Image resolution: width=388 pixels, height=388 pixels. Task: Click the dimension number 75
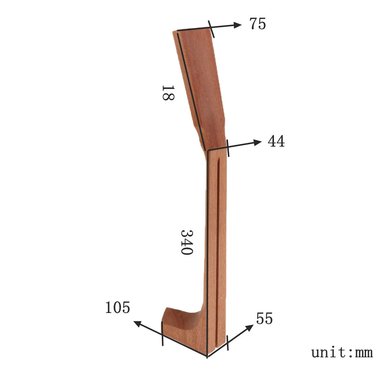(x=258, y=24)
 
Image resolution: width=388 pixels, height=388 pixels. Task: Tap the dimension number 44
(x=276, y=142)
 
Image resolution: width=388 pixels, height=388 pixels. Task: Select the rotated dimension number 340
(x=187, y=242)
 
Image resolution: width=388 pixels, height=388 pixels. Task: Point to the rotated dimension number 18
(x=167, y=93)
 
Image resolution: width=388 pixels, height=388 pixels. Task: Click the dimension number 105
(x=117, y=308)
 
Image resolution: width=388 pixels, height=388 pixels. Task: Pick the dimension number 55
(x=264, y=319)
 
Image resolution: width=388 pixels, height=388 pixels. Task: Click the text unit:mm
(x=342, y=352)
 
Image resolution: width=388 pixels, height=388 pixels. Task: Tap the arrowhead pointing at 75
(x=238, y=25)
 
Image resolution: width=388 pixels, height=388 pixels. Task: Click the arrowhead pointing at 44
(x=258, y=142)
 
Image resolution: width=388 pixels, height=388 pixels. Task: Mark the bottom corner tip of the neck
(x=207, y=356)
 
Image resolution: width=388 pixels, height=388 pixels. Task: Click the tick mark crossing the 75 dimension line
(x=211, y=29)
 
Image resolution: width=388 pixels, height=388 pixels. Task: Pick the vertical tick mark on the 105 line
(x=162, y=333)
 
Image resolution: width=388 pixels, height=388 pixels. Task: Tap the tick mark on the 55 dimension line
(x=227, y=343)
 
